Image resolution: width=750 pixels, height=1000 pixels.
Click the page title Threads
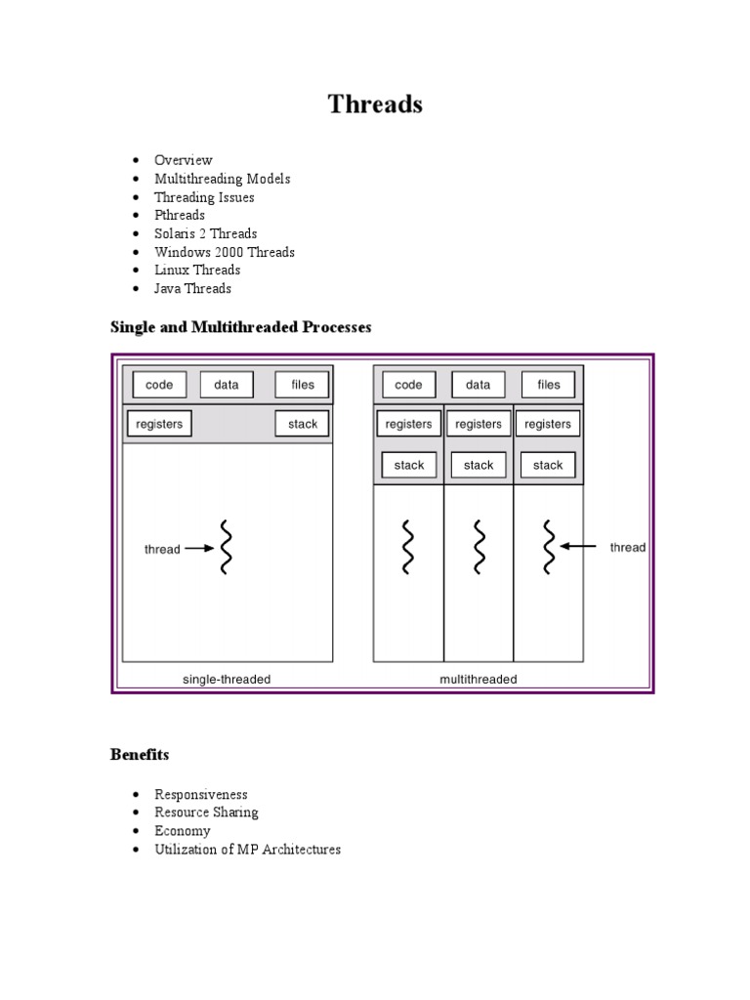tap(375, 104)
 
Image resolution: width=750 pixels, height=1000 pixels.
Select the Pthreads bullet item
tap(180, 215)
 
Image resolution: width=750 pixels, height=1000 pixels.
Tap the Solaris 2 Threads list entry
tap(205, 233)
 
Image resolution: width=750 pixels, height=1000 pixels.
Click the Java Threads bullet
tap(192, 288)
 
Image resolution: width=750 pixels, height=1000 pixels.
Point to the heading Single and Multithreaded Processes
tap(241, 327)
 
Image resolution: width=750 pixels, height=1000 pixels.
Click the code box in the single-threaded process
tap(159, 385)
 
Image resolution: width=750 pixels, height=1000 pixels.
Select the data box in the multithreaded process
tap(478, 385)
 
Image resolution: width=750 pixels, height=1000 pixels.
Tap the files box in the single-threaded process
tap(303, 385)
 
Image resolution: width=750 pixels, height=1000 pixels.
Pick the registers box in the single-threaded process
tap(159, 425)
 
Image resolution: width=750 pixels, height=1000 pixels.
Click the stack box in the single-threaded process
tap(303, 425)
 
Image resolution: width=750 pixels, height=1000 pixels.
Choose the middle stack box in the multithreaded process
tap(479, 466)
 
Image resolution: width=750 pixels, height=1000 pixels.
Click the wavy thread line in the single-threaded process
tap(226, 548)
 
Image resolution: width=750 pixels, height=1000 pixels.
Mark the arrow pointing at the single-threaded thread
tap(199, 549)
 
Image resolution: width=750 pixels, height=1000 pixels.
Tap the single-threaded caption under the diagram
tap(227, 679)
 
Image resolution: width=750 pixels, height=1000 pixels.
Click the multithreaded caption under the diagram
tap(479, 679)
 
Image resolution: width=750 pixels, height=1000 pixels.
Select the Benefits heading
tap(140, 755)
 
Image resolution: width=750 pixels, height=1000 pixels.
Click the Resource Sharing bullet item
tap(206, 812)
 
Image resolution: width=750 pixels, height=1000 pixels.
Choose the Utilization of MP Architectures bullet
tap(247, 850)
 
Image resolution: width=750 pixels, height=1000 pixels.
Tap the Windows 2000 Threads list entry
tap(224, 252)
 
